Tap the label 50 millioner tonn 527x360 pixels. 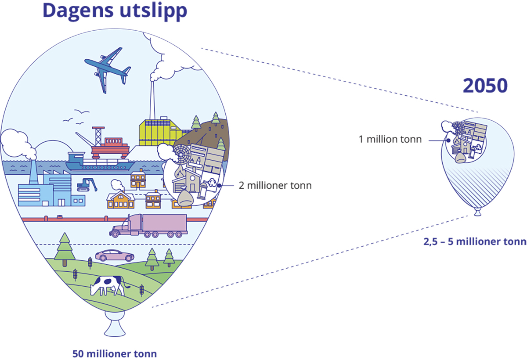coord(115,353)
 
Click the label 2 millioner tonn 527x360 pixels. coord(275,185)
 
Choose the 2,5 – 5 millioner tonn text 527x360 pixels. coord(475,241)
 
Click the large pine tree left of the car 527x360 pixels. coord(65,248)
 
